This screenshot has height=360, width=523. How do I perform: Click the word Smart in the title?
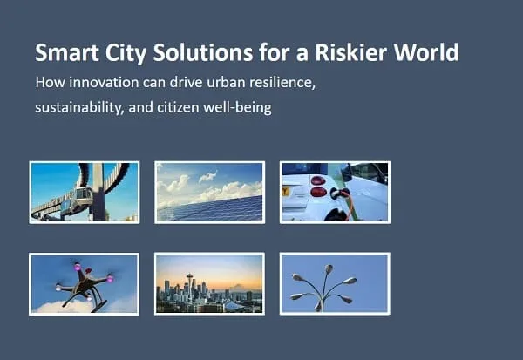coord(67,52)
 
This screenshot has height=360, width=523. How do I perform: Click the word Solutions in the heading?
coord(203,52)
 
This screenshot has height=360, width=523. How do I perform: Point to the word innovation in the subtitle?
coord(104,83)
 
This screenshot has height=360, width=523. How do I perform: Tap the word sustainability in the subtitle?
coord(79,107)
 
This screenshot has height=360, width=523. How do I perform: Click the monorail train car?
coord(83,198)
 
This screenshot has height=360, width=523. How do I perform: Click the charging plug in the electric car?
coord(337,194)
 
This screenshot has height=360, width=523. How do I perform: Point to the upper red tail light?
coord(318,180)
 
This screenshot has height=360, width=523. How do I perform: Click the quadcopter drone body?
coord(85,283)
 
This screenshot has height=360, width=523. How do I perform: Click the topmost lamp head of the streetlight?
coord(329,268)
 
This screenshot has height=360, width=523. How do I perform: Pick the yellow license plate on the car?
coord(285,192)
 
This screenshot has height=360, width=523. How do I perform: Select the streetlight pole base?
coord(319,306)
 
